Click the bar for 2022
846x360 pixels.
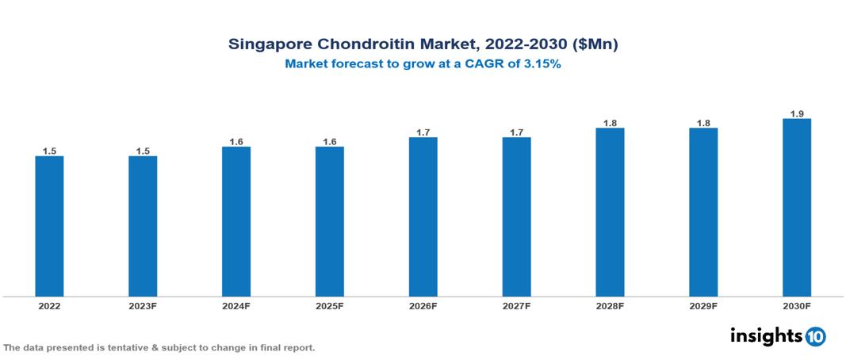click(x=49, y=226)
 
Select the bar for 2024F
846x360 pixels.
click(x=236, y=221)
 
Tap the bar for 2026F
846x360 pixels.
click(x=423, y=216)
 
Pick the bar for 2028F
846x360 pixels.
click(x=610, y=212)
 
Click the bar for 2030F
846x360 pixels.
click(x=797, y=207)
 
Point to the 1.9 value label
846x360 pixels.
click(x=797, y=113)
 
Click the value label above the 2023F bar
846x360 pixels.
click(x=143, y=151)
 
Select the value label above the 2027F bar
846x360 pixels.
click(x=516, y=132)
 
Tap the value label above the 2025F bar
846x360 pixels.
click(x=330, y=142)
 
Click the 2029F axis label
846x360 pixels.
click(x=703, y=305)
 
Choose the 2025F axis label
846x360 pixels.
click(x=330, y=305)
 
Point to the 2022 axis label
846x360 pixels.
click(x=49, y=305)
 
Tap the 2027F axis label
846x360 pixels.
click(x=516, y=305)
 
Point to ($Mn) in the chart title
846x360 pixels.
click(x=595, y=45)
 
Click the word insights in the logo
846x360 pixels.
click(x=765, y=335)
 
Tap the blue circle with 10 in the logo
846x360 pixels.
click(x=815, y=336)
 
